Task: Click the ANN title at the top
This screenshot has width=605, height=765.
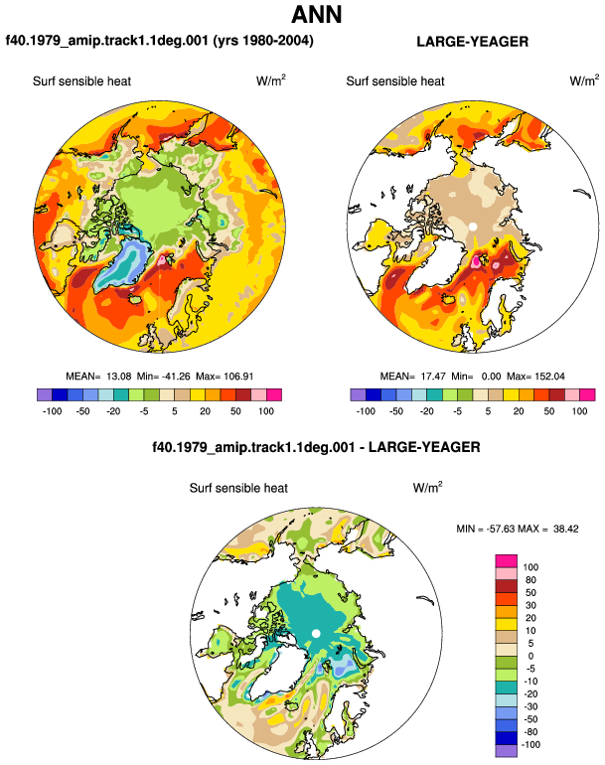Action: coord(317,14)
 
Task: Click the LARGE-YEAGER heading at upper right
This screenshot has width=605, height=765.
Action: coord(472,42)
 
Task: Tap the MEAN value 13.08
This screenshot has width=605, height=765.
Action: coord(119,377)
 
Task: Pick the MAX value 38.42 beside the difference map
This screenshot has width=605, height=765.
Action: coord(566,529)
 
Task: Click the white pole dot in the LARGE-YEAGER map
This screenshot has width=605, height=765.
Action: coord(472,227)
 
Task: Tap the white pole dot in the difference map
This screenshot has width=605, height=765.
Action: coord(316,633)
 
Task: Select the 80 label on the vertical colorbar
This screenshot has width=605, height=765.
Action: coord(530,580)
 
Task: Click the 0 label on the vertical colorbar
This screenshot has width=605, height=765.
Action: coord(530,656)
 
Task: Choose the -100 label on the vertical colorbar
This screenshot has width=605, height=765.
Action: coord(530,745)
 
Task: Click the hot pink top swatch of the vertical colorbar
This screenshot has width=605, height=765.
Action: coord(506,561)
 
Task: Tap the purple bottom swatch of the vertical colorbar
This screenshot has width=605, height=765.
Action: coord(506,751)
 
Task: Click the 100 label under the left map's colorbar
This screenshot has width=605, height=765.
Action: coord(266,411)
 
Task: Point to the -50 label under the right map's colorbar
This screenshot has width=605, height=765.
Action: coord(396,411)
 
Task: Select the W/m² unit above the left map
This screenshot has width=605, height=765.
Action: coord(271,80)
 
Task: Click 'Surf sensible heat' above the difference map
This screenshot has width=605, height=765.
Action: coord(238,488)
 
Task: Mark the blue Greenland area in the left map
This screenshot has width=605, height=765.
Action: coord(120,266)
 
